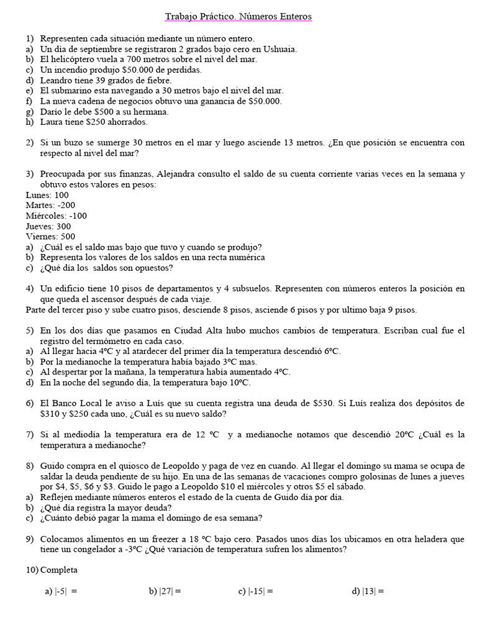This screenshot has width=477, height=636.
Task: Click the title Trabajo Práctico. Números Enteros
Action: [x=238, y=17]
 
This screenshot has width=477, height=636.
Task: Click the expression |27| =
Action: [x=165, y=592]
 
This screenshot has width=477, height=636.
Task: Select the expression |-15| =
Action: [x=255, y=592]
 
